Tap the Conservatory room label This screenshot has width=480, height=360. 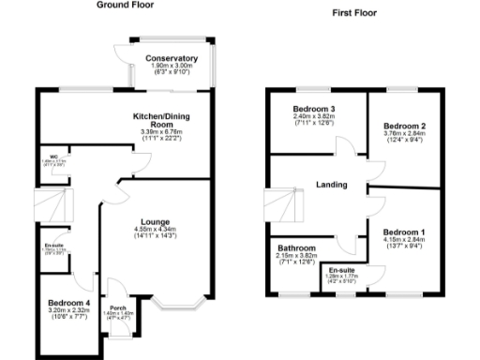coord(172,59)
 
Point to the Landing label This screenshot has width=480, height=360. coord(332,184)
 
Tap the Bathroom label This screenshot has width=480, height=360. coord(296,248)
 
